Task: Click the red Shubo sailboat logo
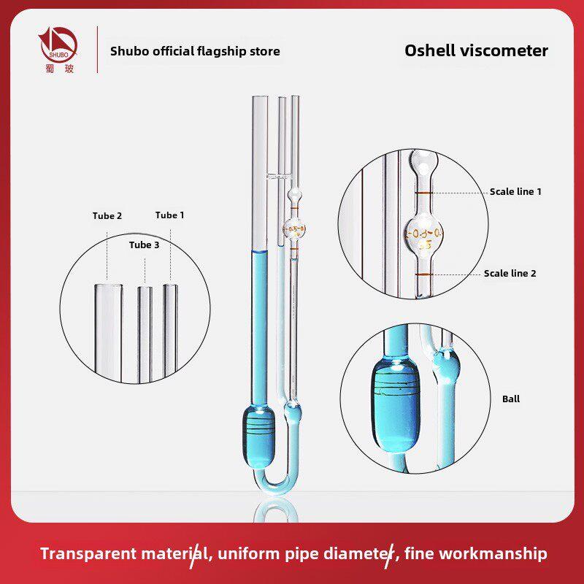(58, 45)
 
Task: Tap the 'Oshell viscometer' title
(476, 50)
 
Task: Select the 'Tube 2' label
(107, 216)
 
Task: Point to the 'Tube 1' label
(169, 215)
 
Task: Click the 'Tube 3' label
(144, 245)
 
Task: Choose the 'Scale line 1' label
(515, 192)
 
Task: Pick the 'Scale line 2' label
(510, 273)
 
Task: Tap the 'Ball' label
(510, 399)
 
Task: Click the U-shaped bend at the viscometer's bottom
(276, 483)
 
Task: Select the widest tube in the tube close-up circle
(108, 333)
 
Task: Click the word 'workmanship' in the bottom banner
(476, 553)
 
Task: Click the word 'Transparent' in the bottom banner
(88, 553)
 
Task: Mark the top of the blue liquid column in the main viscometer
(259, 252)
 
